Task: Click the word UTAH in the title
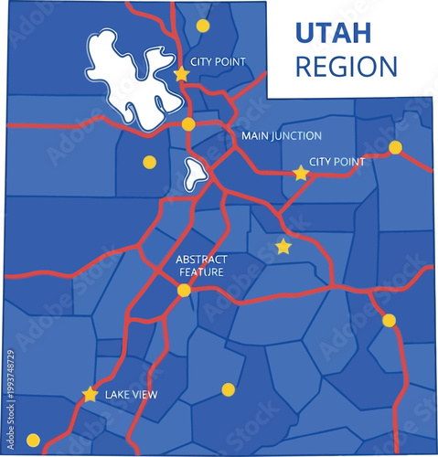coord(333,33)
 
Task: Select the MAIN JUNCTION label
coord(282,136)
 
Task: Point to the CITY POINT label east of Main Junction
coord(337,162)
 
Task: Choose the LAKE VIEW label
coord(132,395)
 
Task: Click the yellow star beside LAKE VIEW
coord(90,395)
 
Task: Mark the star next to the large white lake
coord(181,73)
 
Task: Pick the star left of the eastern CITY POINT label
coord(300,173)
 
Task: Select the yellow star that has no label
coord(283,247)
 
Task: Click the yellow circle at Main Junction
coord(188,124)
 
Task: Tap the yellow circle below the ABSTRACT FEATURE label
coord(184,291)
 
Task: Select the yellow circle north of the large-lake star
coord(202,26)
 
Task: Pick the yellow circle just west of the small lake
coord(149,163)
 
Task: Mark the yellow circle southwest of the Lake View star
coord(34,440)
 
